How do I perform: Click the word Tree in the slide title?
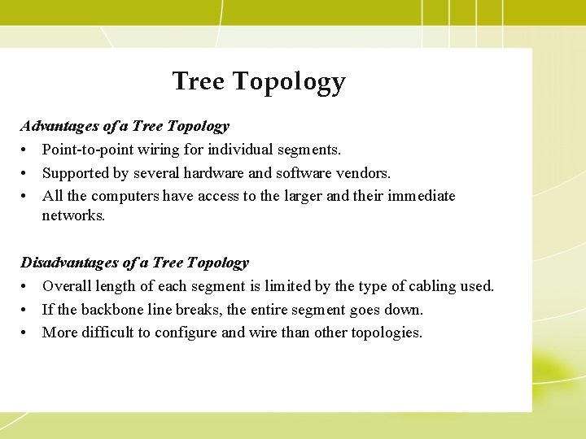199,81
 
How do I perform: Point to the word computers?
125,196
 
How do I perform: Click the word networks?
73,215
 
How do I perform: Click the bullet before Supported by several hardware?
25,173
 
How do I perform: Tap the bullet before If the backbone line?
25,310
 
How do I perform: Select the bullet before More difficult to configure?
25,333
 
